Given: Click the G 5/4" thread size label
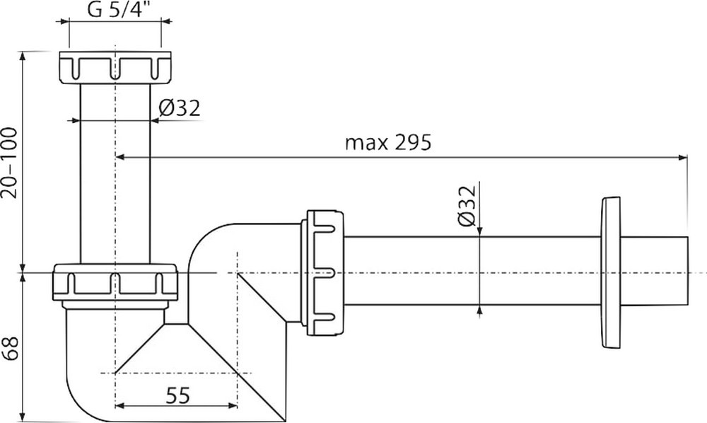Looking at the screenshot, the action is click(115, 9).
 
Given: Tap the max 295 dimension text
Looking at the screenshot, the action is click(387, 142).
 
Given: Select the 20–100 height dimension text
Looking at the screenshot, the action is click(9, 163).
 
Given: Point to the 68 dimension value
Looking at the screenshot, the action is click(10, 348).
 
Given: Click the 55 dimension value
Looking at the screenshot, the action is click(177, 395).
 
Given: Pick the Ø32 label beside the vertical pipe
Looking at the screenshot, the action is click(179, 108).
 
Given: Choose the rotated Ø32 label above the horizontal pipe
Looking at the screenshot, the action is click(467, 205).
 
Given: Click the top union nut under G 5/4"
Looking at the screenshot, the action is click(115, 66).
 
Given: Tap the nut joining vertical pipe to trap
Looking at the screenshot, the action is click(115, 282).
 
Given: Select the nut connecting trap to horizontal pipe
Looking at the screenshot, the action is click(323, 273).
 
